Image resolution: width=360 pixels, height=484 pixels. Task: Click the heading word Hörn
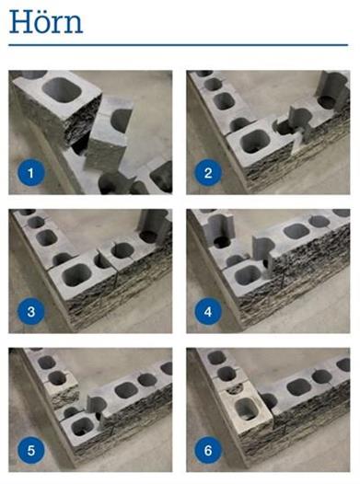coord(46,22)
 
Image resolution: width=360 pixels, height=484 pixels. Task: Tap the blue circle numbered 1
coord(30,173)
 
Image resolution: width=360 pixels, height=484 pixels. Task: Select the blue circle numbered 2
coord(208,173)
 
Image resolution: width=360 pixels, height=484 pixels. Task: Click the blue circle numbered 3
coord(30,311)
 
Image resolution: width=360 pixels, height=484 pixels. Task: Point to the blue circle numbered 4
coord(208,311)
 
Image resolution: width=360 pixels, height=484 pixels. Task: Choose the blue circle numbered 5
coord(30,450)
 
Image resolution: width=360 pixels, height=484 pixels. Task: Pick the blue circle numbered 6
coord(208,450)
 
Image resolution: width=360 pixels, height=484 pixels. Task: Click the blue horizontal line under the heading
coord(178,45)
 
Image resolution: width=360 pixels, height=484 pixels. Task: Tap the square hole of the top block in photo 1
coord(62,89)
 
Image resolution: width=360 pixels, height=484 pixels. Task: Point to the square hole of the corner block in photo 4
coord(247,275)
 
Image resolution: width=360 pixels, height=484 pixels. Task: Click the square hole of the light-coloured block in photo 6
coord(246,409)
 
